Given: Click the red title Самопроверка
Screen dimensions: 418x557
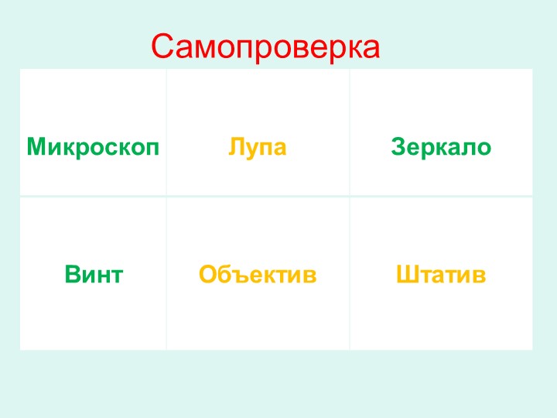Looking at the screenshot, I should click(x=265, y=47).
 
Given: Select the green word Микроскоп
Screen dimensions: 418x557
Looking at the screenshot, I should click(x=93, y=146).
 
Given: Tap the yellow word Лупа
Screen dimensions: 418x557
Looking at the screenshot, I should click(x=257, y=146).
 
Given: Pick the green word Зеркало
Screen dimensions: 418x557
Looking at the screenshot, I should click(x=441, y=146).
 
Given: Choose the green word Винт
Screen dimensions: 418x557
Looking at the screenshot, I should click(x=94, y=274).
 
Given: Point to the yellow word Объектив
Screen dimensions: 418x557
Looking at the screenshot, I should click(x=258, y=274).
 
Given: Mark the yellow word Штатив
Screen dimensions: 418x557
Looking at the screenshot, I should click(x=441, y=274).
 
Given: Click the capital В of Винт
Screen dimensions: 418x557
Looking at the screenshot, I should click(x=72, y=274).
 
